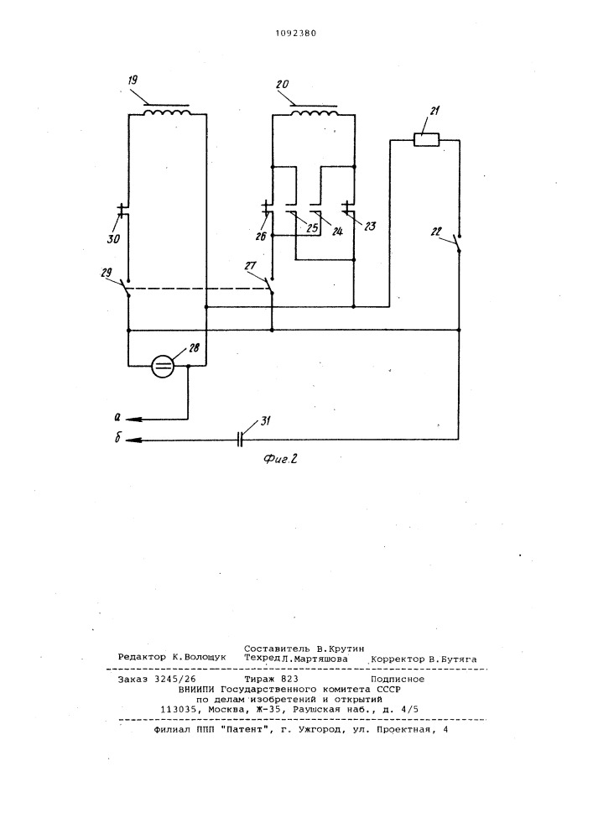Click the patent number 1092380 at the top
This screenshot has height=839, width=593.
(296, 34)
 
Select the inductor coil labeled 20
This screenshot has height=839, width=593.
(314, 113)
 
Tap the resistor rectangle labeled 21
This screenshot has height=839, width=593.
(427, 140)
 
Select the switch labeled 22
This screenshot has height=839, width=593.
(457, 243)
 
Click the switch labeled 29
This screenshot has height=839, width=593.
(126, 287)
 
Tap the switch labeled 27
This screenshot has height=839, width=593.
(269, 285)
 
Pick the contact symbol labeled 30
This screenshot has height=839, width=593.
(123, 211)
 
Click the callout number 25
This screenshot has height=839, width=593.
(312, 228)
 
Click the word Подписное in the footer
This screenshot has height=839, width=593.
(398, 679)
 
